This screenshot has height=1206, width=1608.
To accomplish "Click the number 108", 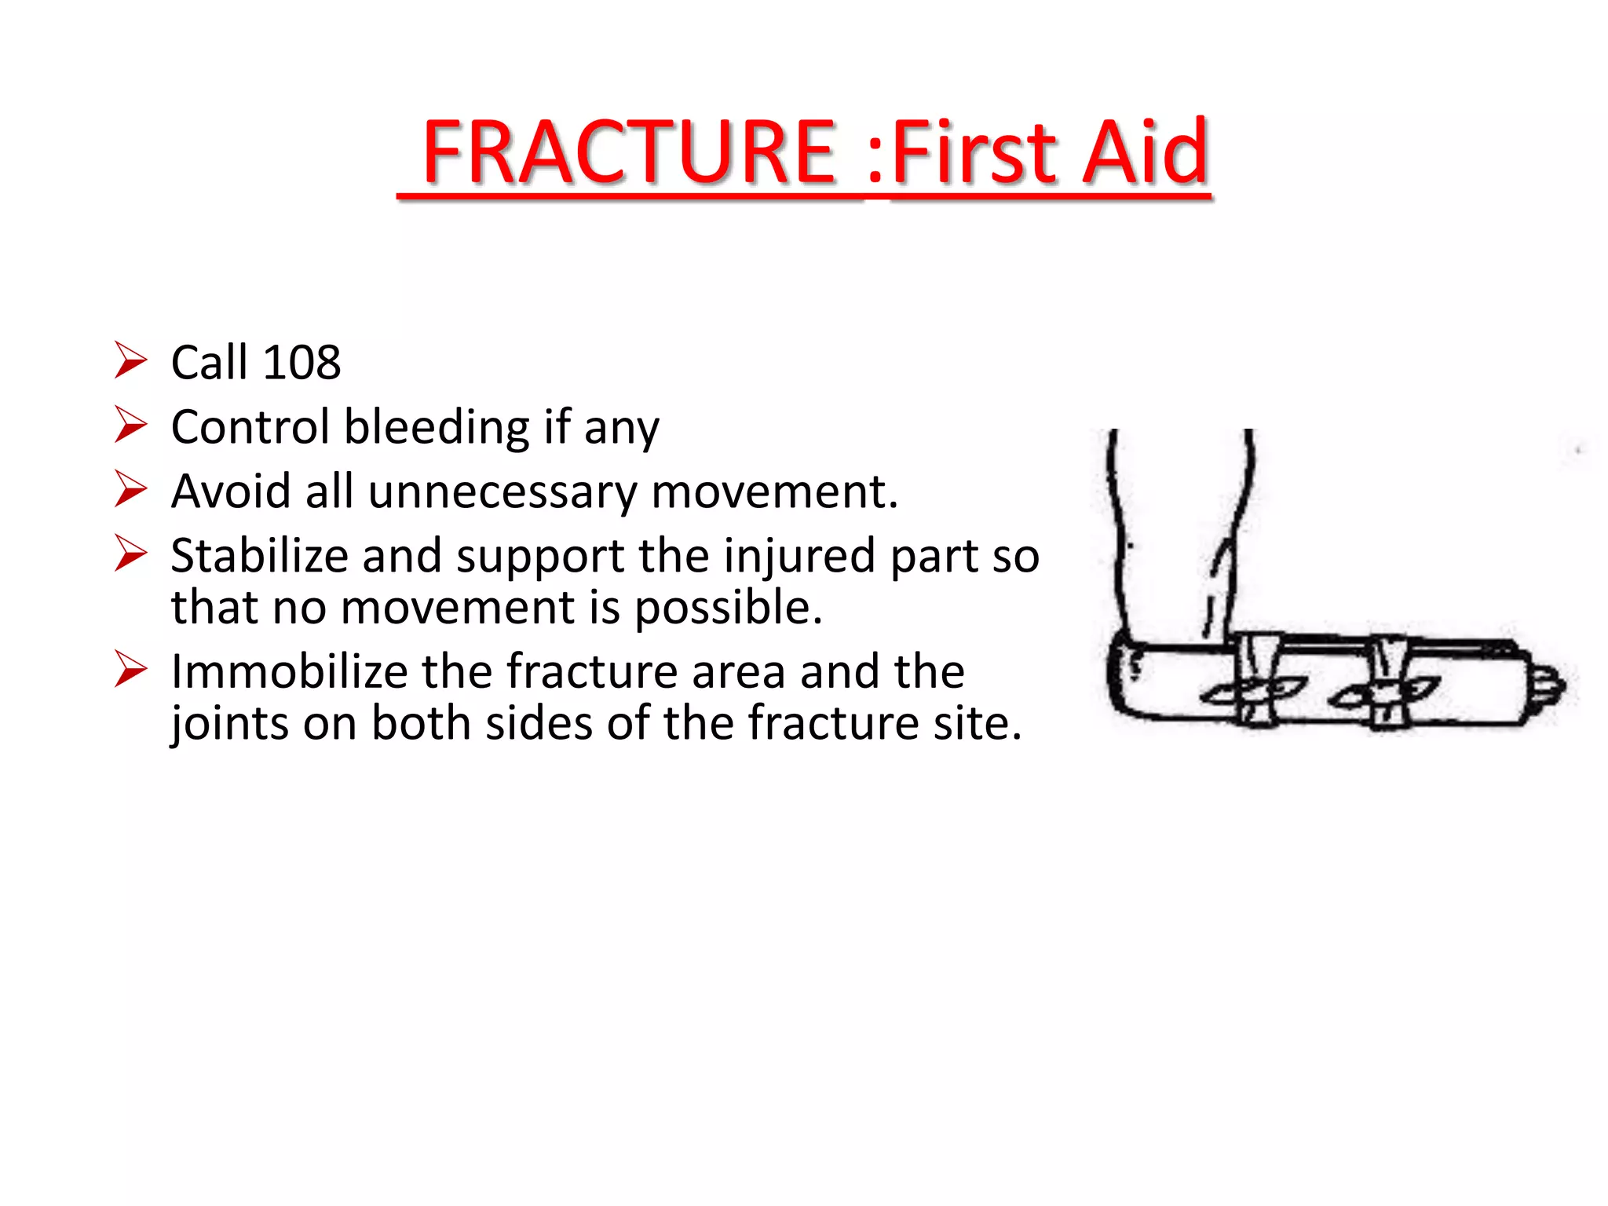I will (301, 363).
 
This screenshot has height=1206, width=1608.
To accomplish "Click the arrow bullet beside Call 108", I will (130, 360).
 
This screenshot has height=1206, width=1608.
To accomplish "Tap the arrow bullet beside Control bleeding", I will (130, 425).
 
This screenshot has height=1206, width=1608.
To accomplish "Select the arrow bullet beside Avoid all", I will (130, 489).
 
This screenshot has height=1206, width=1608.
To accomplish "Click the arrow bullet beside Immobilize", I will (130, 669).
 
